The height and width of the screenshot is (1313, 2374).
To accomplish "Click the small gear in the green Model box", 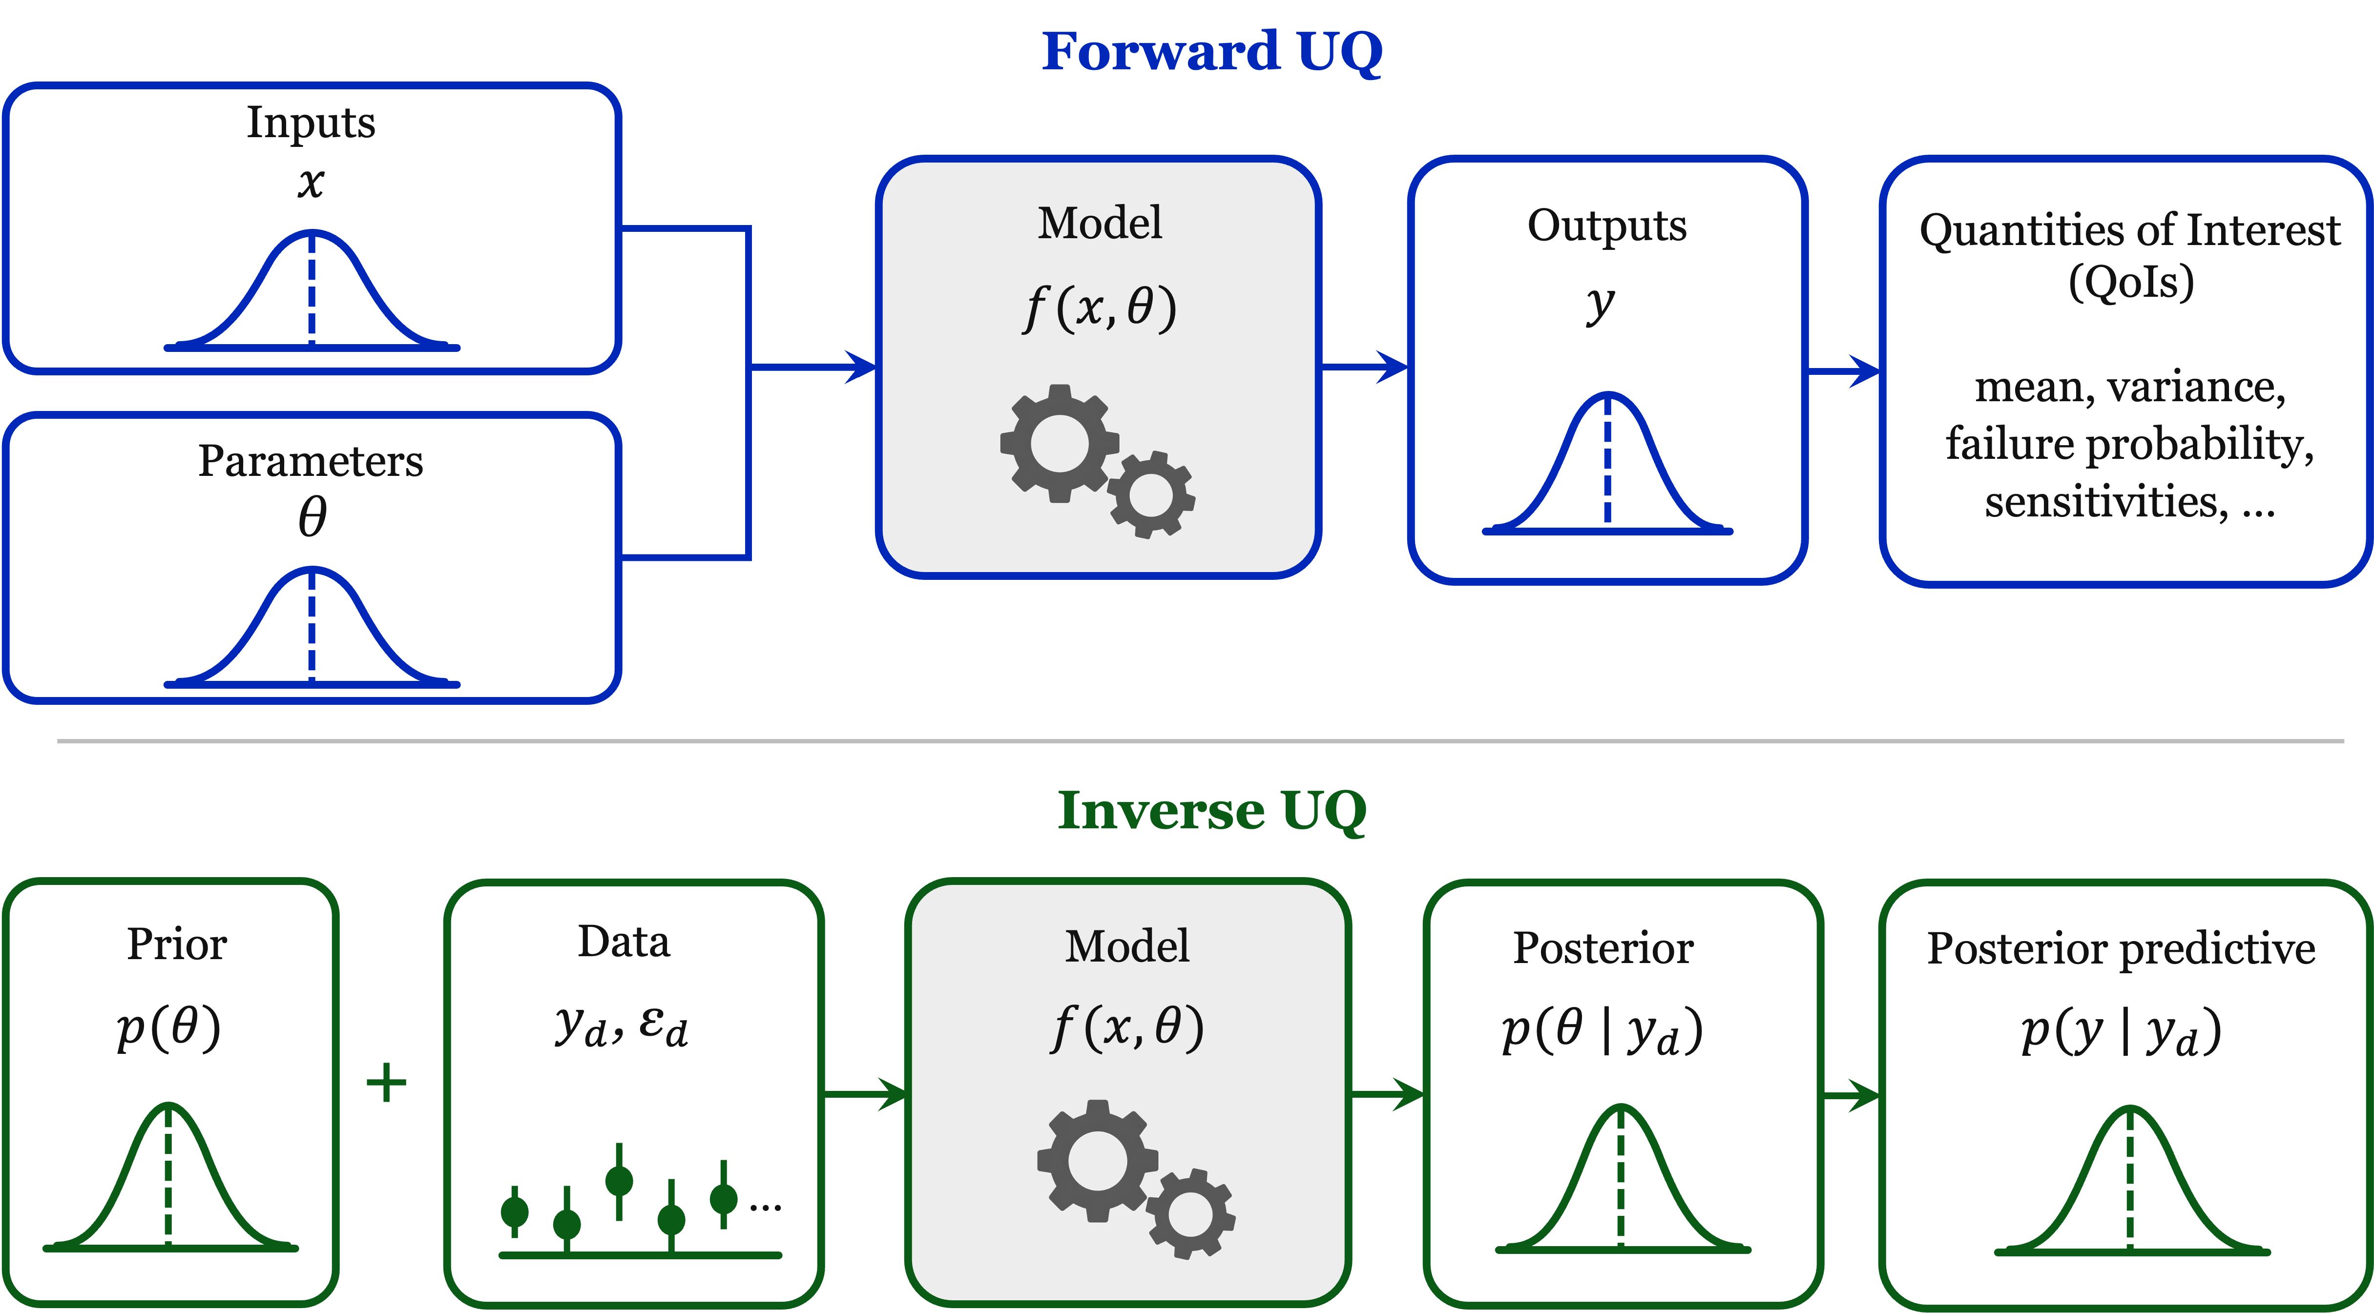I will [x=1191, y=1213].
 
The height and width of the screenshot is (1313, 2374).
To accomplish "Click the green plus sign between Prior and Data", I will [x=386, y=1083].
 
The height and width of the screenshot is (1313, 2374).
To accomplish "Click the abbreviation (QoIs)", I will [x=2131, y=282].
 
